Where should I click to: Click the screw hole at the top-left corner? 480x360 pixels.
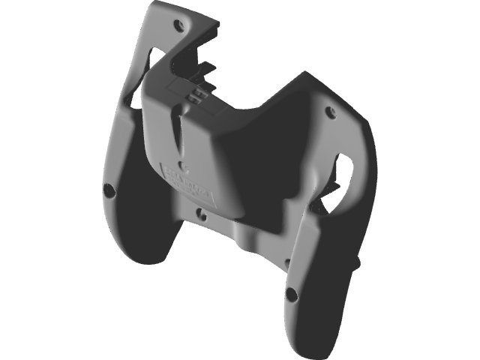pyautogui.click(x=178, y=25)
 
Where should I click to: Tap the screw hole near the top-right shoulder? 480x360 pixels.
pyautogui.click(x=330, y=113)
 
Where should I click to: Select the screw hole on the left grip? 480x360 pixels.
pyautogui.click(x=109, y=190)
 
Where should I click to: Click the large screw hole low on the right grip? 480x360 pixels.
pyautogui.click(x=291, y=294)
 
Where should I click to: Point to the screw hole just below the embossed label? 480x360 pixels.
pyautogui.click(x=201, y=214)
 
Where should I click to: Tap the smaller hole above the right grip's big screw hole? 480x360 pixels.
pyautogui.click(x=287, y=262)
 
